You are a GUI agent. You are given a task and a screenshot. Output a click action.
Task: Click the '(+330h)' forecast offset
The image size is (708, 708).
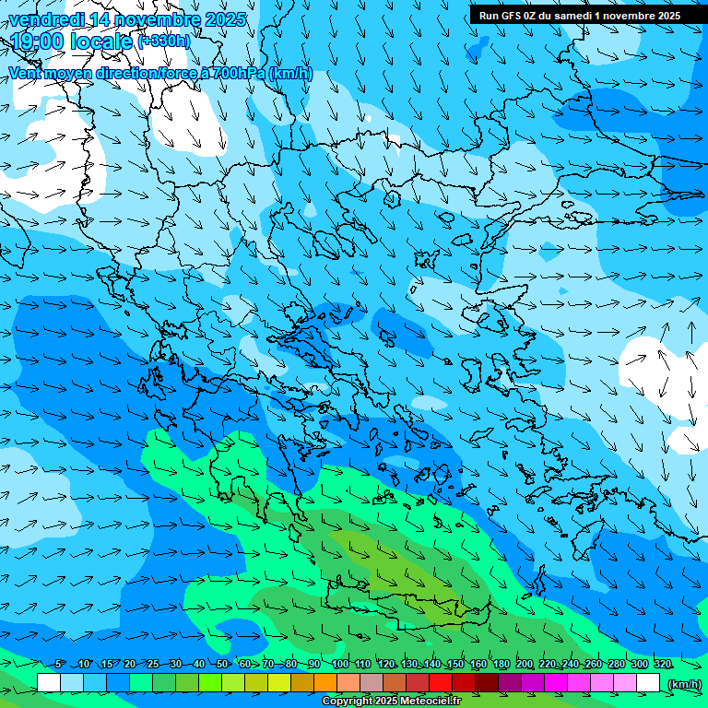[x=164, y=41]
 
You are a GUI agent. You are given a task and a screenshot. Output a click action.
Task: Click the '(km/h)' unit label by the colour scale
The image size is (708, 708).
[x=683, y=683]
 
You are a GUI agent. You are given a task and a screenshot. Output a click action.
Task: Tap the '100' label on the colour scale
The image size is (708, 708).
[x=339, y=665]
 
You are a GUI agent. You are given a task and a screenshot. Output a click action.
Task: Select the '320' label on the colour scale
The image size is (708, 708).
[x=663, y=665]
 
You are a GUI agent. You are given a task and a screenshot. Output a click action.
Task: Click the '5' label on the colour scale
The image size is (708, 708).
[x=60, y=665]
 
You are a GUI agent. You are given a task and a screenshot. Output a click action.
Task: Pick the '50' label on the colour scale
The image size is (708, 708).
[x=222, y=665]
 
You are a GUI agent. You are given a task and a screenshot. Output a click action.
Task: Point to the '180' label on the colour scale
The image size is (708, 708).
[x=501, y=665]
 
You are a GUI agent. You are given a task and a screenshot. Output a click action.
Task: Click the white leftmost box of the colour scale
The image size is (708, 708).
[x=49, y=683]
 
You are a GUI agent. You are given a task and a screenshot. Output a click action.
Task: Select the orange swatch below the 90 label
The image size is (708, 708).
[x=325, y=683]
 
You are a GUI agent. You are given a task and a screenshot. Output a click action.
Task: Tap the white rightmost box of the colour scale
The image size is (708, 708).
[x=648, y=683]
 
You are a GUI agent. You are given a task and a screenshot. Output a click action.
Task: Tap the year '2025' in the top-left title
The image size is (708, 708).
[x=226, y=19]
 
